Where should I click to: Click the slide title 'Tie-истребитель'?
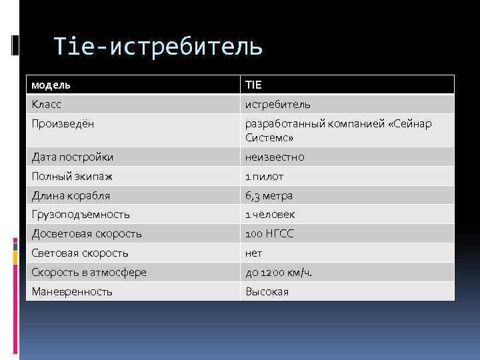coord(158,46)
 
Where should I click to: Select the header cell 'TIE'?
coord(254,85)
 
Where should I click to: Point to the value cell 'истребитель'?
coord(277,105)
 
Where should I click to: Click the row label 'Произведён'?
coord(63,124)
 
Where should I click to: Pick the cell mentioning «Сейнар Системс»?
coord(338,131)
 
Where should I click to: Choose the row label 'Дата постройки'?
coord(72,157)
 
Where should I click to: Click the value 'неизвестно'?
coord(275,157)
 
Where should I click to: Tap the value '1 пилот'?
coord(264,177)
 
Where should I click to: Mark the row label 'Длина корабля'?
coord(71,196)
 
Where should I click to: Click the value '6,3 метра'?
coord(269,196)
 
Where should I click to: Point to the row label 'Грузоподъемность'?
coord(80,215)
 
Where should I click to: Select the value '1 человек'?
coord(270,215)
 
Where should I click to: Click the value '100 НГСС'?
coord(269,234)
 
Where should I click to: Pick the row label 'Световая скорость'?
coord(79,253)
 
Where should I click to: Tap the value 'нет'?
coord(254,253)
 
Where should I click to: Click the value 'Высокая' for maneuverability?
coord(267,292)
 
